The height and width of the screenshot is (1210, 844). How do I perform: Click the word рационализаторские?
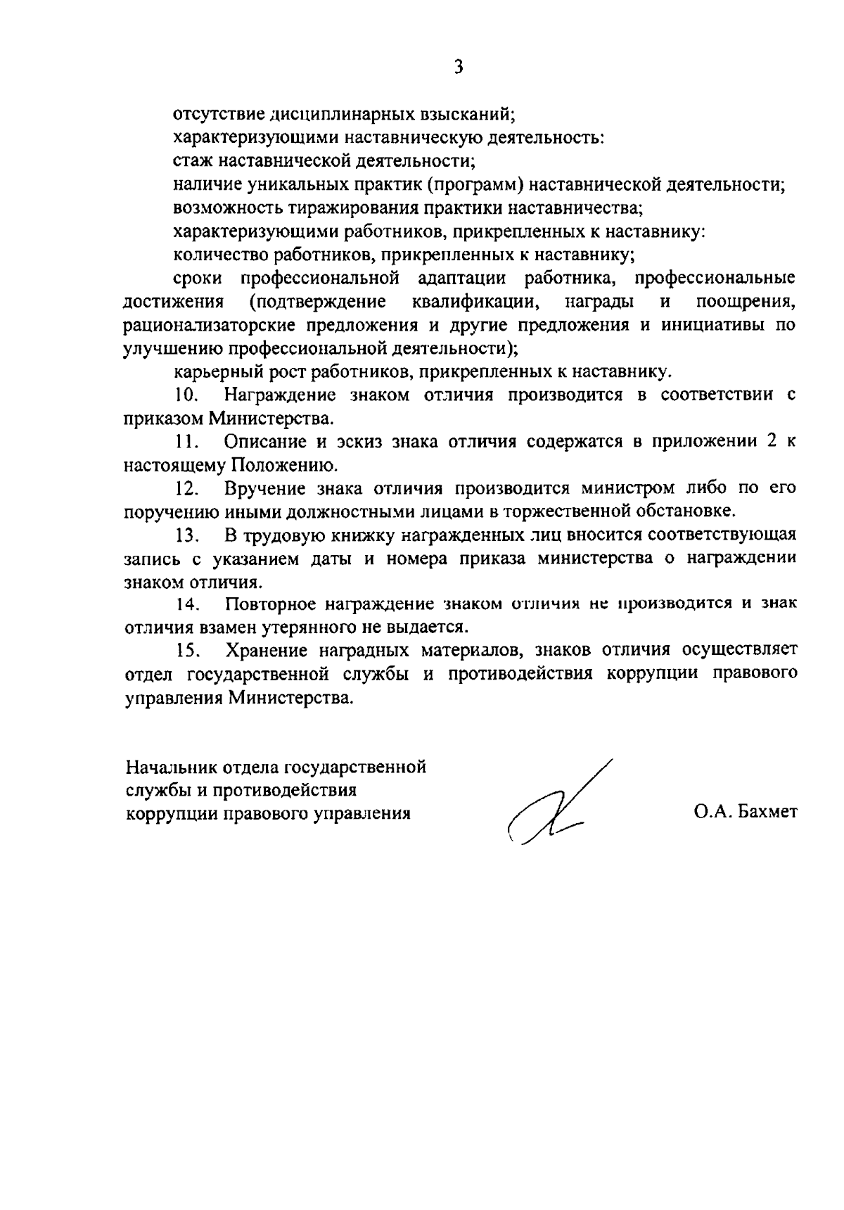tap(209, 326)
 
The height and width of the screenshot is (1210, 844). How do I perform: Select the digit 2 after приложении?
tap(768, 442)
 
